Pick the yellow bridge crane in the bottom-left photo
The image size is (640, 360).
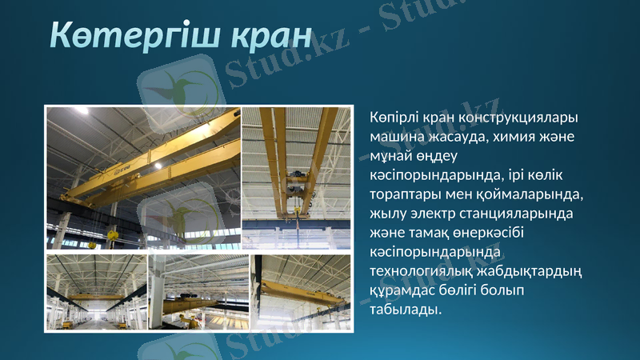(x=94, y=297)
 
